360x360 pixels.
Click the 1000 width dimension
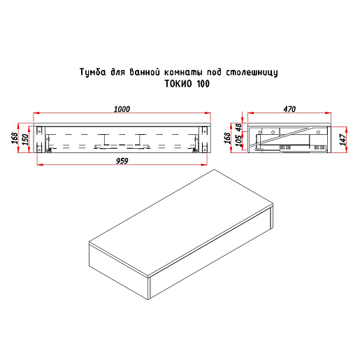122,109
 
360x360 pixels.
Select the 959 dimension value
122,161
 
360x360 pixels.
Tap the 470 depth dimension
289,109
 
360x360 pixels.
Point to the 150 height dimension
26,140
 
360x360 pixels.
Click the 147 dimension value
343,140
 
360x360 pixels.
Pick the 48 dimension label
239,128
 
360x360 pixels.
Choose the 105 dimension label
239,141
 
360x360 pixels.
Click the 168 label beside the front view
15,138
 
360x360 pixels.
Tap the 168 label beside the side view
226,138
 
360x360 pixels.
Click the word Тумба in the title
92,72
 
